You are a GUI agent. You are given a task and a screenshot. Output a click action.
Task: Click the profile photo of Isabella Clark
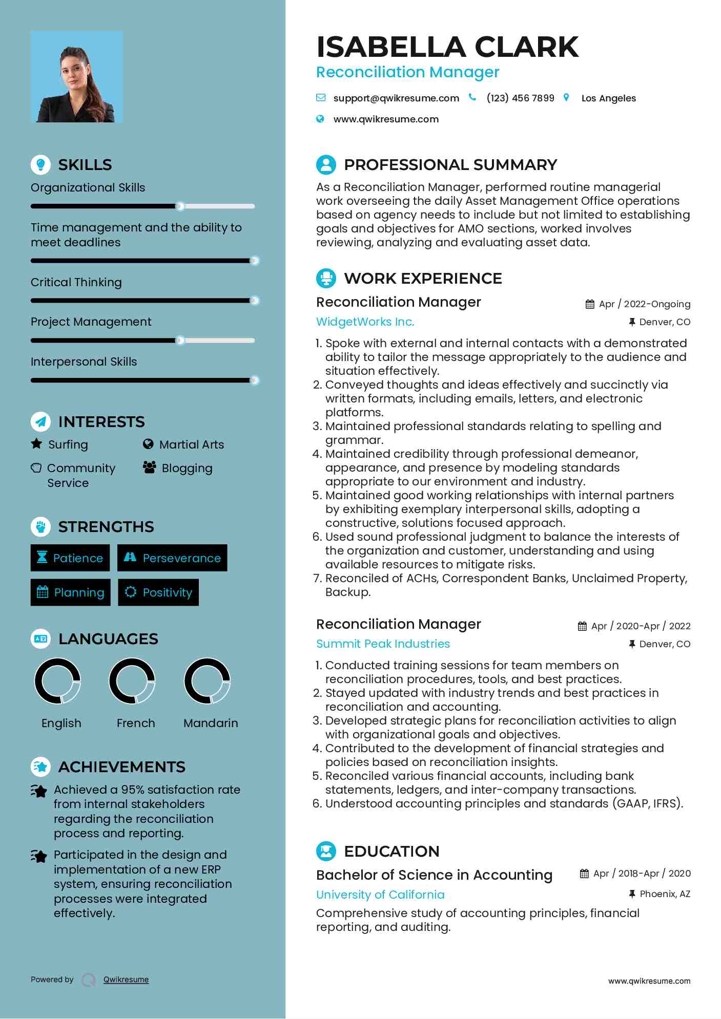point(77,76)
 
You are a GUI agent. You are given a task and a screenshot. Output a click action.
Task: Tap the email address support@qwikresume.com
point(396,98)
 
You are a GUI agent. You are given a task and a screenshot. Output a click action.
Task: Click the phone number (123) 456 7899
point(520,98)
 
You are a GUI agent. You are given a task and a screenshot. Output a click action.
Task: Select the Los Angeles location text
point(608,98)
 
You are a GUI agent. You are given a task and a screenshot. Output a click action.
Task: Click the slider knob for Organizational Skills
point(180,206)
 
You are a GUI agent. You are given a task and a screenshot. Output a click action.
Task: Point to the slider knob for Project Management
point(180,341)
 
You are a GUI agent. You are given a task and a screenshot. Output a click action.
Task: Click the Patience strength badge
point(70,558)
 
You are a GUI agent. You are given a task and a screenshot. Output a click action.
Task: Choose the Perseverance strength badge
point(172,558)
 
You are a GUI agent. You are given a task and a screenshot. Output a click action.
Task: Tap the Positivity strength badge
point(158,592)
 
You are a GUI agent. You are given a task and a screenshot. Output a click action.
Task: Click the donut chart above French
point(132,681)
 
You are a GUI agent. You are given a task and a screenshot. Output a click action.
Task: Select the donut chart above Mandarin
point(208,681)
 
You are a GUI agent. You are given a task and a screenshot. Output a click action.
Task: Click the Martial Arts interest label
point(191,444)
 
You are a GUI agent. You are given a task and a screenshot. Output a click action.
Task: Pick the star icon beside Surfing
point(36,443)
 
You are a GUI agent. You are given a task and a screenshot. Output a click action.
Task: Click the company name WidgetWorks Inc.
point(365,322)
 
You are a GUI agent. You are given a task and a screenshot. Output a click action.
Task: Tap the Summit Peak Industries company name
point(383,644)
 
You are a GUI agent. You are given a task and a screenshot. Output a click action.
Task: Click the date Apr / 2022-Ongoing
point(644,304)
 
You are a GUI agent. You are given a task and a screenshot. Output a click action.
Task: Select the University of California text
point(380,895)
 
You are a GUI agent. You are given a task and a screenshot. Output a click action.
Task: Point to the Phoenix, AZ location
point(665,894)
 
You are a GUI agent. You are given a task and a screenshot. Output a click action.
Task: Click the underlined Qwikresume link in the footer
point(126,980)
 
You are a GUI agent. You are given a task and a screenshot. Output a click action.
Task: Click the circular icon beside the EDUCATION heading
point(326,851)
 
